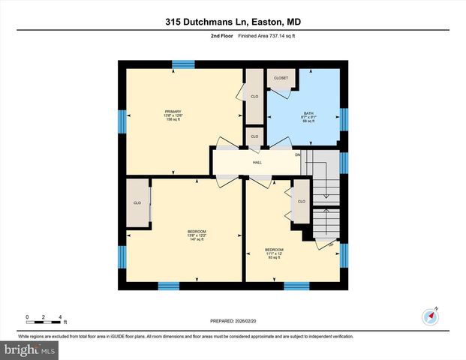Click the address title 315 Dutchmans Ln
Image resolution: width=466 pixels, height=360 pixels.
coord(233,22)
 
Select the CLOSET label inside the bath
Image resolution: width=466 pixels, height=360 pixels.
coord(281,78)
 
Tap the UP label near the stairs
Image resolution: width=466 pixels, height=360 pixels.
coord(330,246)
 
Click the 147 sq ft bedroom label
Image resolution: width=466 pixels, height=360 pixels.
coord(197,235)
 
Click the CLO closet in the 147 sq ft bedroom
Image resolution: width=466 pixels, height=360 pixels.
coord(137,203)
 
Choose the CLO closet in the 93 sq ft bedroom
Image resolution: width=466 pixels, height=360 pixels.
coord(301,202)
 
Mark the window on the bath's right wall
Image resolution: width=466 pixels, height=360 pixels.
coord(344,119)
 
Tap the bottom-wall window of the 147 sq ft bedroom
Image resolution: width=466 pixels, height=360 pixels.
coord(169,285)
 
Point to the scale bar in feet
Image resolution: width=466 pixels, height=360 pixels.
coord(44,321)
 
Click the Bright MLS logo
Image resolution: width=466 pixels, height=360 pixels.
coord(30,349)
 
